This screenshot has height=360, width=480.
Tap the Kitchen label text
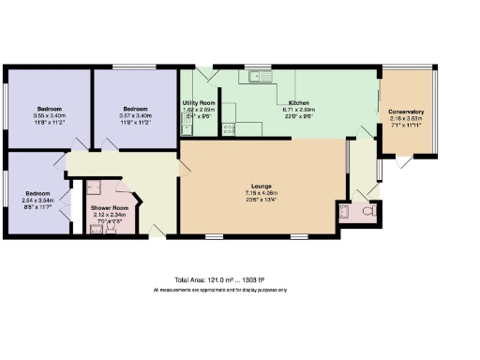point(299,101)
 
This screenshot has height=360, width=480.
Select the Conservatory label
point(406,112)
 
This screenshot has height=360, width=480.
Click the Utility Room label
point(198,101)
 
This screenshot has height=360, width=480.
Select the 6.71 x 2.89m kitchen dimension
point(299,109)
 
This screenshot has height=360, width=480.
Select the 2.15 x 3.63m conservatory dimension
point(406,119)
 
